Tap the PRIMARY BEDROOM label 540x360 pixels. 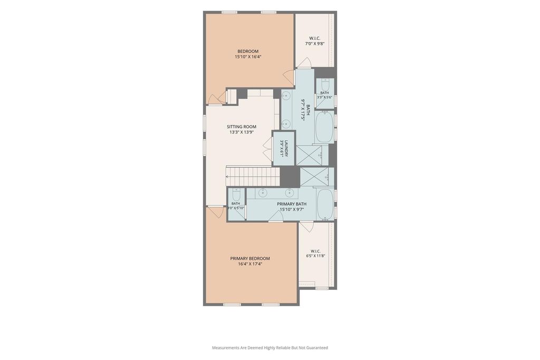pyautogui.click(x=250, y=258)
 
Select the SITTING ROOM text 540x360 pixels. pyautogui.click(x=242, y=127)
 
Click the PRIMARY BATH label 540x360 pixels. pyautogui.click(x=292, y=204)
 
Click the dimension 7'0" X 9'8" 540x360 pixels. pyautogui.click(x=315, y=44)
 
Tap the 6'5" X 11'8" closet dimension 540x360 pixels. pyautogui.click(x=315, y=256)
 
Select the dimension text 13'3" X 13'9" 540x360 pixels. pyautogui.click(x=242, y=132)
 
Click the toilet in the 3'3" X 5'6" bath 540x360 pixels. pyautogui.click(x=325, y=84)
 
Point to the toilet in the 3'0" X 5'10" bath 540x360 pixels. pyautogui.click(x=236, y=195)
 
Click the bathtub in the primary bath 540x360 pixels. pyautogui.click(x=325, y=204)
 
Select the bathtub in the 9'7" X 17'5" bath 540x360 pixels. pyautogui.click(x=324, y=127)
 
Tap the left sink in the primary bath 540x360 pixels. pyautogui.click(x=263, y=193)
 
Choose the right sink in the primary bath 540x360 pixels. pyautogui.click(x=288, y=193)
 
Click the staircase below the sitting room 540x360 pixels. pyautogui.click(x=253, y=177)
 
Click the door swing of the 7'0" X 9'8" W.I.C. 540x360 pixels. pyautogui.click(x=305, y=63)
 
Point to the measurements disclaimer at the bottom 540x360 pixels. pyautogui.click(x=270, y=348)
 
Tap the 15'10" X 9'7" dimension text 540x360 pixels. pyautogui.click(x=292, y=209)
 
